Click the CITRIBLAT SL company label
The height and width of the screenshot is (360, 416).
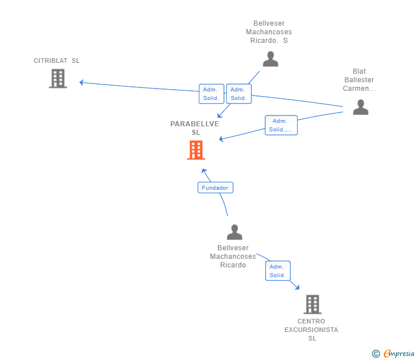coord(57,61)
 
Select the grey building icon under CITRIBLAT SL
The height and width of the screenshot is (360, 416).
coord(58,78)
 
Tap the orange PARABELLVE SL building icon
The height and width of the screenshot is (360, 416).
coord(196,150)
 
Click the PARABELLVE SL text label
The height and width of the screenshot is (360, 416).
coord(195,128)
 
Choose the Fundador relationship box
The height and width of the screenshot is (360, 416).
coord(215,187)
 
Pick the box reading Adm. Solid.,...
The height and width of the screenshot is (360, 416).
coord(281,125)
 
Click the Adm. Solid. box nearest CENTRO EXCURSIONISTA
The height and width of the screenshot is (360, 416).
coord(278,271)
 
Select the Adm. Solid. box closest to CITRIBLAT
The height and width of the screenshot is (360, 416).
coord(211,94)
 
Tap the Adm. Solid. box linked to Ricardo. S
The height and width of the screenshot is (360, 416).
coord(239,94)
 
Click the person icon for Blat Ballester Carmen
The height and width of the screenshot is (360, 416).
coord(361,107)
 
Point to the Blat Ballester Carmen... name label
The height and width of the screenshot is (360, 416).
coord(359,80)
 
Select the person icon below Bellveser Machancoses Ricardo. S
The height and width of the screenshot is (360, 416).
coord(270,59)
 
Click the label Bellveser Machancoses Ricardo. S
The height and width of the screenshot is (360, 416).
coord(269,32)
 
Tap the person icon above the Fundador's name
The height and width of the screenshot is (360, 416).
coord(234,232)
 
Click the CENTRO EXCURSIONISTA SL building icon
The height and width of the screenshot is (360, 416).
coord(313,305)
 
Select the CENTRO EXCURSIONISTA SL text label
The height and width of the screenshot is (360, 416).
coord(311,330)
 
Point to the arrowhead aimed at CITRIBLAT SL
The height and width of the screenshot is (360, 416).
coord(82,83)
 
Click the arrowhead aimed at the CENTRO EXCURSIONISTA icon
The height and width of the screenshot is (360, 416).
coord(297,287)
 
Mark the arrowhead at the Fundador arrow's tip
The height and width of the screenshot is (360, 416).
coord(204,171)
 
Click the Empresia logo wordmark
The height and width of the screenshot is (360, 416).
coord(399,353)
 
